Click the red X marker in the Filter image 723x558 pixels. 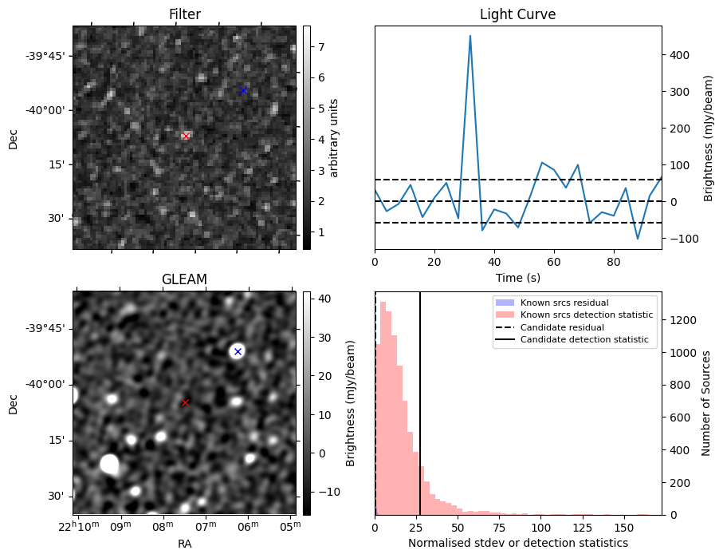pyautogui.click(x=186, y=136)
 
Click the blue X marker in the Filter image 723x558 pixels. pyautogui.click(x=243, y=90)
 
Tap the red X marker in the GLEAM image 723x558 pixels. pyautogui.click(x=186, y=403)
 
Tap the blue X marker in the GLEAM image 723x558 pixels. pyautogui.click(x=238, y=351)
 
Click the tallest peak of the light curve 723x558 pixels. pyautogui.click(x=470, y=36)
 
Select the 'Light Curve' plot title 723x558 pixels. pyautogui.click(x=518, y=14)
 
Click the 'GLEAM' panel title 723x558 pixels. pyautogui.click(x=184, y=279)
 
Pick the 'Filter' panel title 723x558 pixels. pyautogui.click(x=185, y=14)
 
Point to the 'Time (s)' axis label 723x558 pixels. pyautogui.click(x=518, y=278)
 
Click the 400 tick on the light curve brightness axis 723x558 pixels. pyautogui.click(x=680, y=55)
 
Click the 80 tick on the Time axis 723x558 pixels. pyautogui.click(x=613, y=262)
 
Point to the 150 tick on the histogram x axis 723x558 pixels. pyautogui.click(x=624, y=528)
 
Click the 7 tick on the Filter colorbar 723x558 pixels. pyautogui.click(x=321, y=46)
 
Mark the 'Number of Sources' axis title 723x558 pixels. pyautogui.click(x=706, y=403)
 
